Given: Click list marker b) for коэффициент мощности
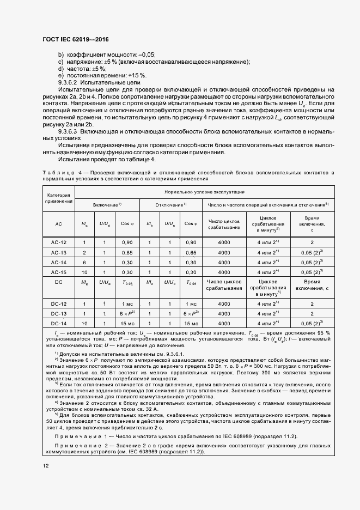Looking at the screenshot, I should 60,54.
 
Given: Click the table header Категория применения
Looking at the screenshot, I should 59,198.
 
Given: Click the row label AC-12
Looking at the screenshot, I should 59,241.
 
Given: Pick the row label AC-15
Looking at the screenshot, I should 59,272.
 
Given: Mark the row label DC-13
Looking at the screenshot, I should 59,314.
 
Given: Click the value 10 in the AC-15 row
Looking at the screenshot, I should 84,272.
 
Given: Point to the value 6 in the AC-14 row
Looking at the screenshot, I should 84,262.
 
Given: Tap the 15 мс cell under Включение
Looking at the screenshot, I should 126,324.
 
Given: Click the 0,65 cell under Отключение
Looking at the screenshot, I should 191,252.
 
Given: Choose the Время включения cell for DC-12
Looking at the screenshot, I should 312,303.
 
